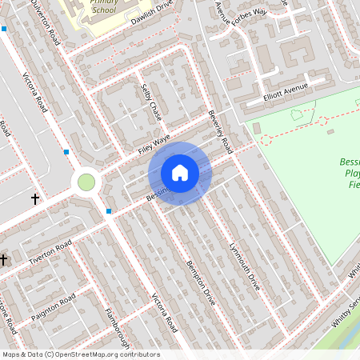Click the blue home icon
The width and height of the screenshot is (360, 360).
click(x=180, y=173)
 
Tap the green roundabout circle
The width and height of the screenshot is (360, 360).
click(x=86, y=182)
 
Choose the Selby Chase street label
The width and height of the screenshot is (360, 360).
click(x=151, y=102)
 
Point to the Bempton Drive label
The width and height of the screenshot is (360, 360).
click(x=201, y=282)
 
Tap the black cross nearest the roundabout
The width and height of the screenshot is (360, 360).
click(x=35, y=198)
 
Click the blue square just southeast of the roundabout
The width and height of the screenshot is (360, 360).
click(x=109, y=211)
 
